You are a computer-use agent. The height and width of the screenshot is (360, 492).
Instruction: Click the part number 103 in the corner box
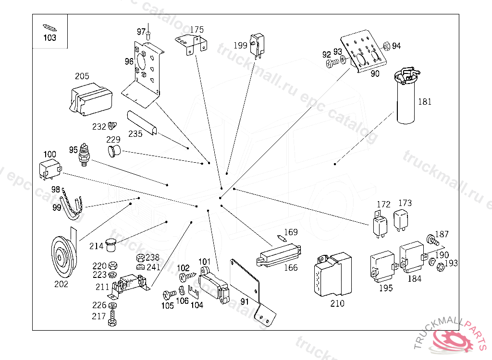(50, 37)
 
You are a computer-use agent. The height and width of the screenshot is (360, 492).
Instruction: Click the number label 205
(82, 76)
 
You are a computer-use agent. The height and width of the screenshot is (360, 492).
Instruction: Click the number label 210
(338, 303)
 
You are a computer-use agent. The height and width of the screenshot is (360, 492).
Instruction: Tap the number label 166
(291, 268)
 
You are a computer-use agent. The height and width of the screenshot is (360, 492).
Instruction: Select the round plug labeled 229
(113, 153)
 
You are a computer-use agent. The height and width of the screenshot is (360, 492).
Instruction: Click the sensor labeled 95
(86, 155)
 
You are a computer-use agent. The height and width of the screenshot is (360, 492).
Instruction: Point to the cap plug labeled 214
(111, 245)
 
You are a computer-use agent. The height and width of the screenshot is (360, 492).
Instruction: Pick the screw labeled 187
(432, 239)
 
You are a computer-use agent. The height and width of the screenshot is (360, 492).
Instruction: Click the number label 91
(245, 301)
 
